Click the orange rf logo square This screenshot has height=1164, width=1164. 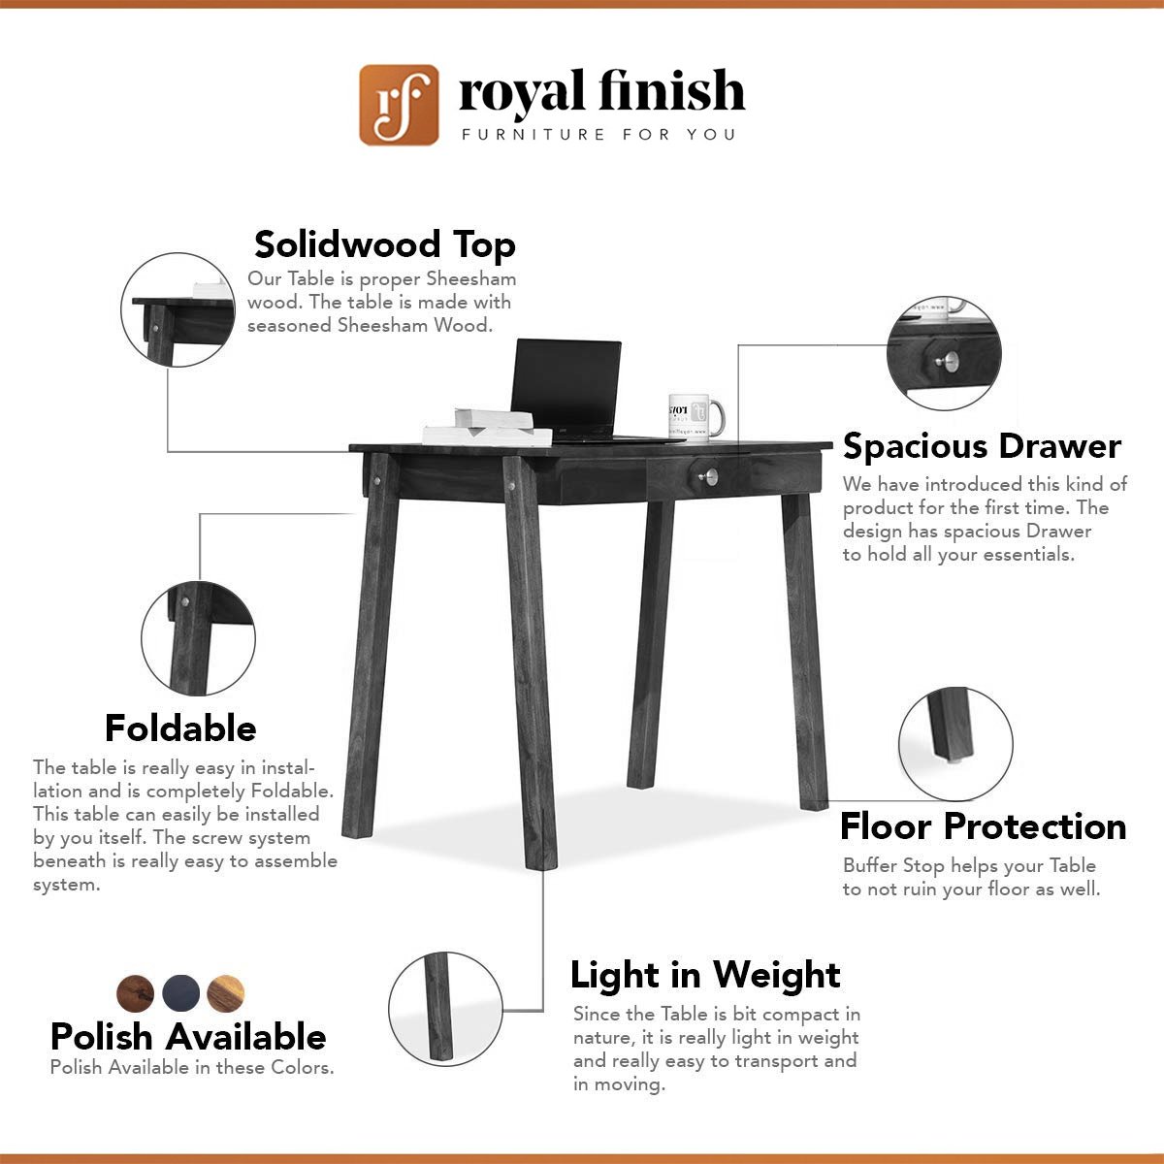[x=399, y=105]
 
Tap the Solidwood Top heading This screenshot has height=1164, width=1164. [x=385, y=244]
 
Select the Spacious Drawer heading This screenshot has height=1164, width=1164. [x=982, y=446]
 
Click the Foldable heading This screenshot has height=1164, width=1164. [x=180, y=727]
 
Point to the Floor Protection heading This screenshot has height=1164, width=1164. [x=983, y=826]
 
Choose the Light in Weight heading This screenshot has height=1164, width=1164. [x=705, y=976]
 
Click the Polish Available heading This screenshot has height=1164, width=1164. [x=188, y=1037]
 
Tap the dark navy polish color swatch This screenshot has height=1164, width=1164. [x=180, y=993]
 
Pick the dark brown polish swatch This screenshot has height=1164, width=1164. [x=135, y=993]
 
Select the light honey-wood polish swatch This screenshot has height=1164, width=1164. [x=226, y=993]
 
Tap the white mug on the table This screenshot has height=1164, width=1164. [x=695, y=417]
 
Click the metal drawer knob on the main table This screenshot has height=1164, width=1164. [x=710, y=476]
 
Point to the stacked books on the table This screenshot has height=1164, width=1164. [x=488, y=428]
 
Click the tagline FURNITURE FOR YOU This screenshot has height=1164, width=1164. [x=598, y=134]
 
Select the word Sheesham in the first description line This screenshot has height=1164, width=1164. [x=471, y=279]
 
